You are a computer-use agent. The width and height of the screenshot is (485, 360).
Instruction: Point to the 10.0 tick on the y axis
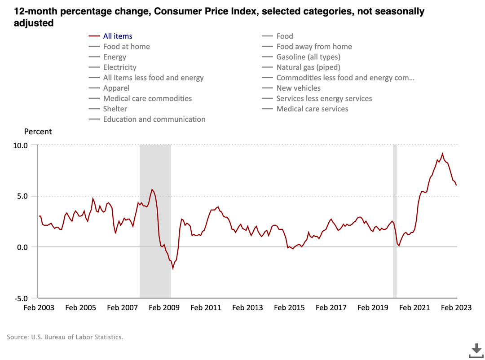pos(19,145)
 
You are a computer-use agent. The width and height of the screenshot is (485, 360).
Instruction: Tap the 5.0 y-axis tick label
pos(21,196)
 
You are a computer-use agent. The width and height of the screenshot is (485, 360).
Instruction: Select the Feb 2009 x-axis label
pos(164,308)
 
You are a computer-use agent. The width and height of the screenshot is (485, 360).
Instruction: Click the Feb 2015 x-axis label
pos(289,308)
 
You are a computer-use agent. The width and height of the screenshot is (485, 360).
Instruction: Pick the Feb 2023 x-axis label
pos(456,308)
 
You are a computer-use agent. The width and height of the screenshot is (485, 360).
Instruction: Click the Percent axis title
pos(38,132)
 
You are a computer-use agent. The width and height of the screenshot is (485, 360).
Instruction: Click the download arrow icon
pos(476,350)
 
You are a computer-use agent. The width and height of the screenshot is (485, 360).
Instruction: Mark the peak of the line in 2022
pos(442,154)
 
